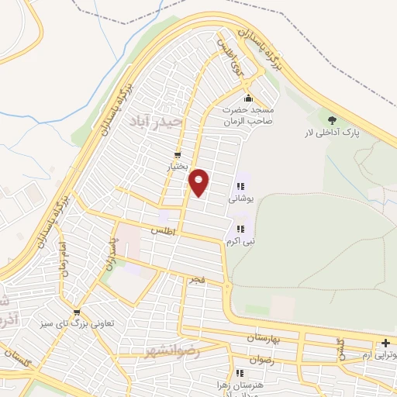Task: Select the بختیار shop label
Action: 179,166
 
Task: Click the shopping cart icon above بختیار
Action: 179,154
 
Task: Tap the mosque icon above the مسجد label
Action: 248,98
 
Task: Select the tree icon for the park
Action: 333,120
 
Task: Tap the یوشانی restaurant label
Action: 240,198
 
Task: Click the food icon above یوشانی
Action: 240,186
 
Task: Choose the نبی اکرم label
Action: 240,240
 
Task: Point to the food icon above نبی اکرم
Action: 240,229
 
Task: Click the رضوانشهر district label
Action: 172,351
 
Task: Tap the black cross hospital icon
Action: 385,343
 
